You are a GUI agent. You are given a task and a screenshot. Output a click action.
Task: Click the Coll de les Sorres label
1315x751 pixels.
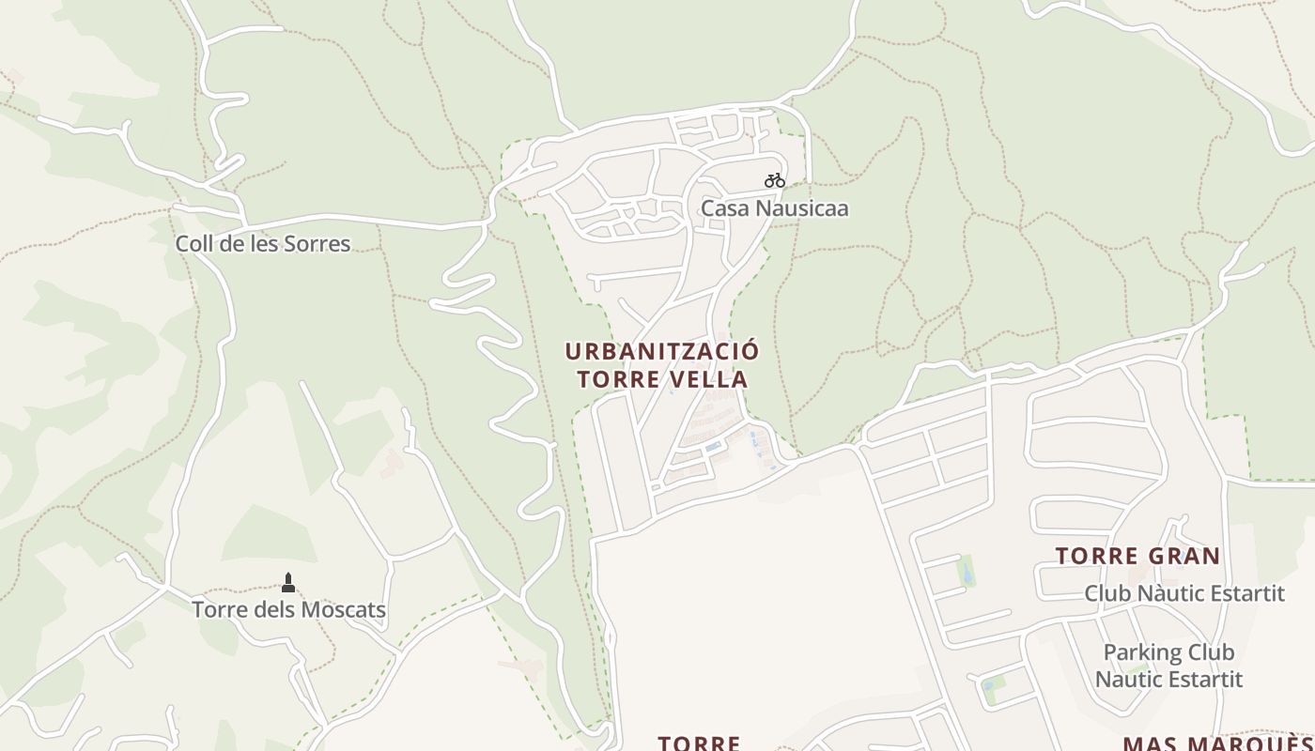coord(262,244)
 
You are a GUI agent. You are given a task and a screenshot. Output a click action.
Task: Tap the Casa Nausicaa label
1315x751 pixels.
coord(774,208)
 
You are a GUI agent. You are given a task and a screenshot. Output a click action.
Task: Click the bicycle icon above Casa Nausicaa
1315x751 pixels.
coord(774,180)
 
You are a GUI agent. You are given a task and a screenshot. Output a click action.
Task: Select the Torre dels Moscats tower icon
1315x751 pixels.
coord(288,583)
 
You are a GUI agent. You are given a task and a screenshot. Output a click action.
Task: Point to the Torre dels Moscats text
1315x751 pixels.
coord(288,610)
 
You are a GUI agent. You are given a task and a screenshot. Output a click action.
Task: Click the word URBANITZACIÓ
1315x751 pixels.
coord(662,352)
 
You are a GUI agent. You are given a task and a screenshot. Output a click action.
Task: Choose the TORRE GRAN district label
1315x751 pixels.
coord(1137,556)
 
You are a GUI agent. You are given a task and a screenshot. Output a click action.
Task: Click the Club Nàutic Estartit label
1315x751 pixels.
coord(1183,593)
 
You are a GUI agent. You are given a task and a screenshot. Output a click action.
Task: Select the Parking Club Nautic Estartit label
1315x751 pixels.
coord(1168,666)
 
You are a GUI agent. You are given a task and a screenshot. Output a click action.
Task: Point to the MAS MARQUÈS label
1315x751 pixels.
coord(1217,743)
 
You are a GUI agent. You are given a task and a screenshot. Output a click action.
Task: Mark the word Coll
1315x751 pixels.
coord(192,244)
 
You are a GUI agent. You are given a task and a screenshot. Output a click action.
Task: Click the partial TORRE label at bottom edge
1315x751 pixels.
coord(699,743)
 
